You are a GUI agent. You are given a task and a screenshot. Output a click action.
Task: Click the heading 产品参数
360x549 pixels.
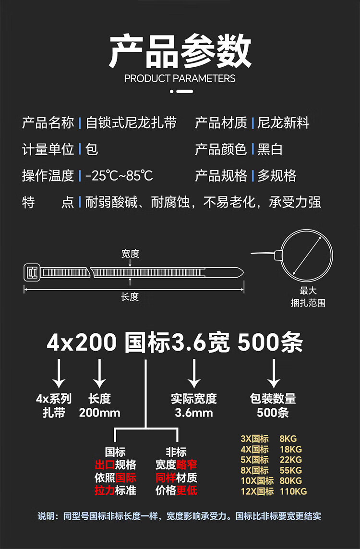[x=180, y=51]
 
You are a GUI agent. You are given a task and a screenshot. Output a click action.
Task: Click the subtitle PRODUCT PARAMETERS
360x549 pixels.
[x=180, y=78]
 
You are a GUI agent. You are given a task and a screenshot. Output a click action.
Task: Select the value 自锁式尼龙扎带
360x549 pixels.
[x=131, y=123]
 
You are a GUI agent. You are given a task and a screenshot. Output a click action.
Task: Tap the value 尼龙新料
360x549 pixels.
[x=283, y=123]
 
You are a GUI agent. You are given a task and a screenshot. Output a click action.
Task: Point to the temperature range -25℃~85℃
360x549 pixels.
[x=119, y=176]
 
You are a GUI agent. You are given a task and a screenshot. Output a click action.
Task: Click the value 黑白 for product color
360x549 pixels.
[x=270, y=149]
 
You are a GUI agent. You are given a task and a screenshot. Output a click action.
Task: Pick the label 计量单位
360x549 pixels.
[x=48, y=149]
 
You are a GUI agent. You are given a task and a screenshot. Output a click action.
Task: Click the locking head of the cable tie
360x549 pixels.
[x=33, y=272]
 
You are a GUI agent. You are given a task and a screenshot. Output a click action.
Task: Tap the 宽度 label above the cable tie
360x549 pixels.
[x=130, y=254]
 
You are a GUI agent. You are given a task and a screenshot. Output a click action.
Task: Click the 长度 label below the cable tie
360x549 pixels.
[x=130, y=297]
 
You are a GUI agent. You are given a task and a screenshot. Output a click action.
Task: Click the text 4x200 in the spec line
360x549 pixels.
[x=82, y=342]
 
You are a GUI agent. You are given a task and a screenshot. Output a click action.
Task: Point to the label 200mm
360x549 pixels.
[x=99, y=413]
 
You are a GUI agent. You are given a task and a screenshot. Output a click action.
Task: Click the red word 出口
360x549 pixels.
[x=105, y=465]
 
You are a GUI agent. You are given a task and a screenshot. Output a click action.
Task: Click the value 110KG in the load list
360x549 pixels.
[x=293, y=491]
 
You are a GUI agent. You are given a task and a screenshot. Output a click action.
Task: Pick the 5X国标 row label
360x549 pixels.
[x=254, y=460]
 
